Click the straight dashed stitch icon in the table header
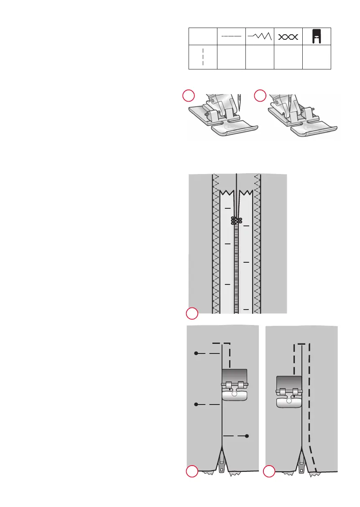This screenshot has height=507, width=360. tap(231, 36)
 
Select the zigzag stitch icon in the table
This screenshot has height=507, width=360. tap(259, 36)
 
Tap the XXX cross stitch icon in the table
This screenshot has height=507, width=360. tap(288, 37)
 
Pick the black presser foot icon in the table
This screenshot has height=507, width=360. tap(317, 36)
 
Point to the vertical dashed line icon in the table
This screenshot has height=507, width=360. tap(203, 57)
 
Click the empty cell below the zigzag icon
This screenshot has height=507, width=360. tap(259, 57)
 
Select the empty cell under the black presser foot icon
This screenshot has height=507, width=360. tap(317, 57)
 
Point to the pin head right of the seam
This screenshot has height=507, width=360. tap(247, 436)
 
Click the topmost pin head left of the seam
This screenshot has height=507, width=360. tap(196, 353)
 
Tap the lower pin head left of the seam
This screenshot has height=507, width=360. tap(196, 405)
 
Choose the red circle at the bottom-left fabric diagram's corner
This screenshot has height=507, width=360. tap(192, 472)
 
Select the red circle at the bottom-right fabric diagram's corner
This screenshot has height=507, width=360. tap(270, 472)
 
